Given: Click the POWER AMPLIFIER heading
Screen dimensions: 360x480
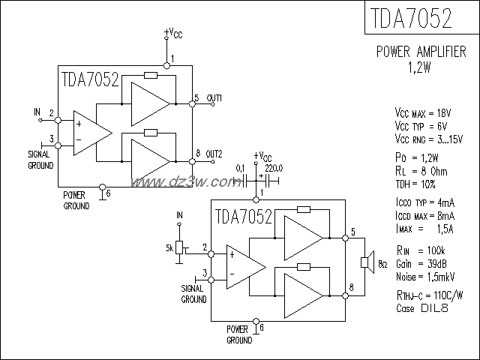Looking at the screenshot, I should point(422,52).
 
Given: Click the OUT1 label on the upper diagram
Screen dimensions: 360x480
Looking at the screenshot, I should point(214,98).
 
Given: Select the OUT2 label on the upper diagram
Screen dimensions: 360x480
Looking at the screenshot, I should point(215,153).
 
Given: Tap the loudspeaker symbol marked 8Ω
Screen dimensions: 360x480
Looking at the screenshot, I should point(365,262).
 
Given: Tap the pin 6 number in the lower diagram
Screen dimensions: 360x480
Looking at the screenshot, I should point(261,328).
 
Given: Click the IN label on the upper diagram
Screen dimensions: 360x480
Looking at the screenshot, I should point(37,112).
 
